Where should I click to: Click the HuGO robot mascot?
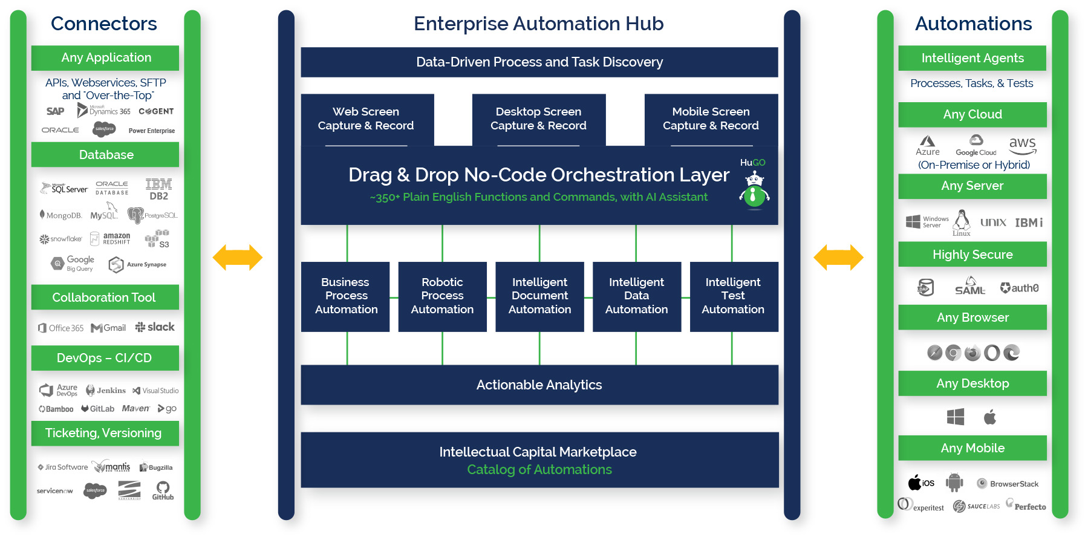(754, 189)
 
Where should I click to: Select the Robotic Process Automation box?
(442, 296)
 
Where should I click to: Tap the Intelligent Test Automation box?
(733, 296)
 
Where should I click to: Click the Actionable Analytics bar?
(539, 385)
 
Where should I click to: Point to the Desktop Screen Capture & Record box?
(538, 119)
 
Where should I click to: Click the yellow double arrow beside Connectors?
(238, 258)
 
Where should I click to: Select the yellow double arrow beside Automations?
(838, 258)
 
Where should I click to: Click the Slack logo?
(155, 327)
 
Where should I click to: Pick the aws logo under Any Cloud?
(1022, 145)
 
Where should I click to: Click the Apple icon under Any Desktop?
(990, 417)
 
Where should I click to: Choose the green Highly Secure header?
(972, 255)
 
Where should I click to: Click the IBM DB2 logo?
(158, 189)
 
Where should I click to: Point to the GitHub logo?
(163, 490)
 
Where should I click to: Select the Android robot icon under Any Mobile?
(954, 483)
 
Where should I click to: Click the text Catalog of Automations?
(539, 470)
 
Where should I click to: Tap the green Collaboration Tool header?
(105, 298)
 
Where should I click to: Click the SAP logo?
(55, 111)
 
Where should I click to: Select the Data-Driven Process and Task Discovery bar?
(539, 62)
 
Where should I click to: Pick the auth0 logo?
(1019, 288)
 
